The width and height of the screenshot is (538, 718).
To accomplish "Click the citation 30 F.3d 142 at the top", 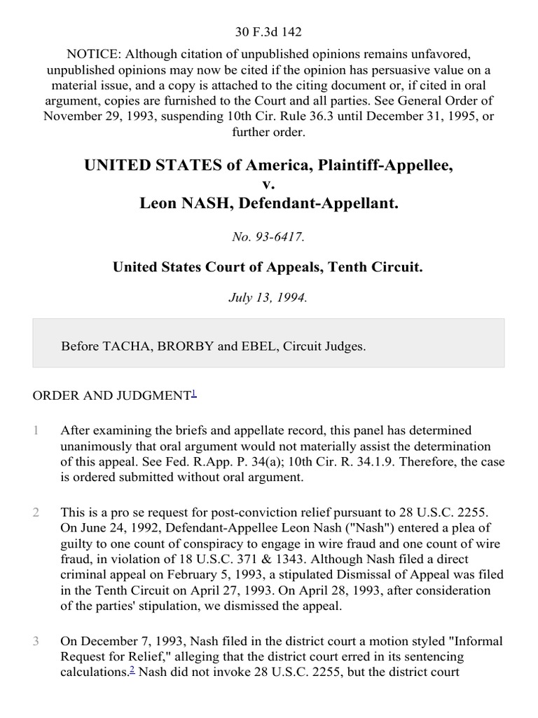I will coord(269,32).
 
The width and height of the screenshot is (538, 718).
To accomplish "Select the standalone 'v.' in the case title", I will coord(269,184).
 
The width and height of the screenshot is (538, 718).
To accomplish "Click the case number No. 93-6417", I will coord(269,237).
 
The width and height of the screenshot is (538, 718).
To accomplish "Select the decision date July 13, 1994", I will coord(269,297).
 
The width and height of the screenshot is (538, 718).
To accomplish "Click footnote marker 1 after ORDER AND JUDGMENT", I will coord(193,393).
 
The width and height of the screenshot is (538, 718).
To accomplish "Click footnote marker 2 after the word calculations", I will coord(131,670).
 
